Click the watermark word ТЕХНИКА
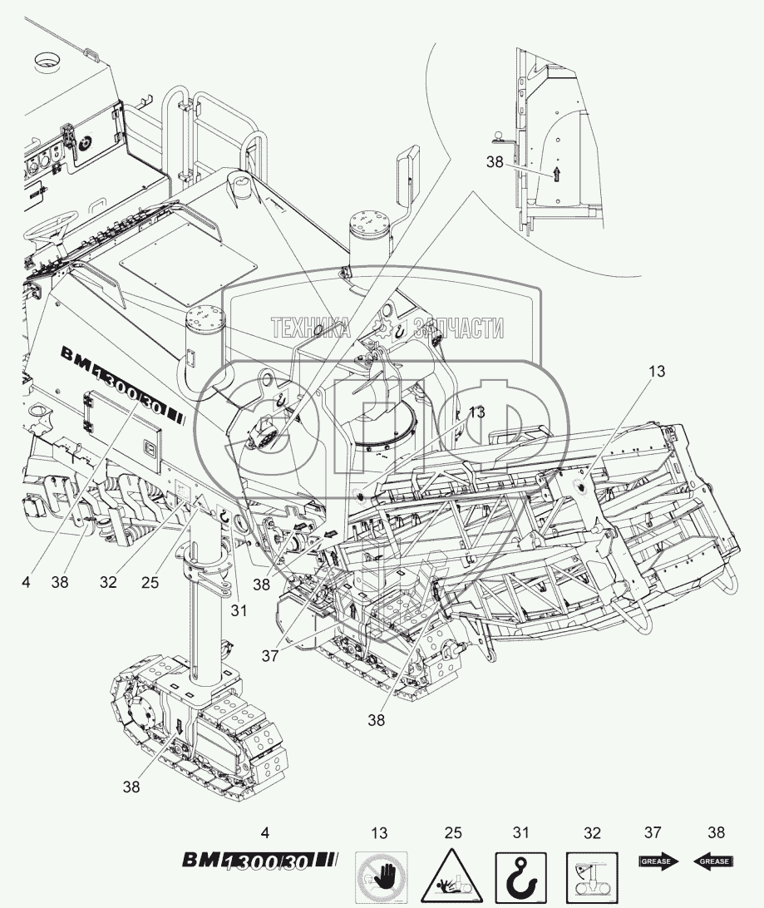point(310,328)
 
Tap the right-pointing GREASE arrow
point(658,861)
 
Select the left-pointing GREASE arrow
point(713,861)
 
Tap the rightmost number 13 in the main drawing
point(657,372)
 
